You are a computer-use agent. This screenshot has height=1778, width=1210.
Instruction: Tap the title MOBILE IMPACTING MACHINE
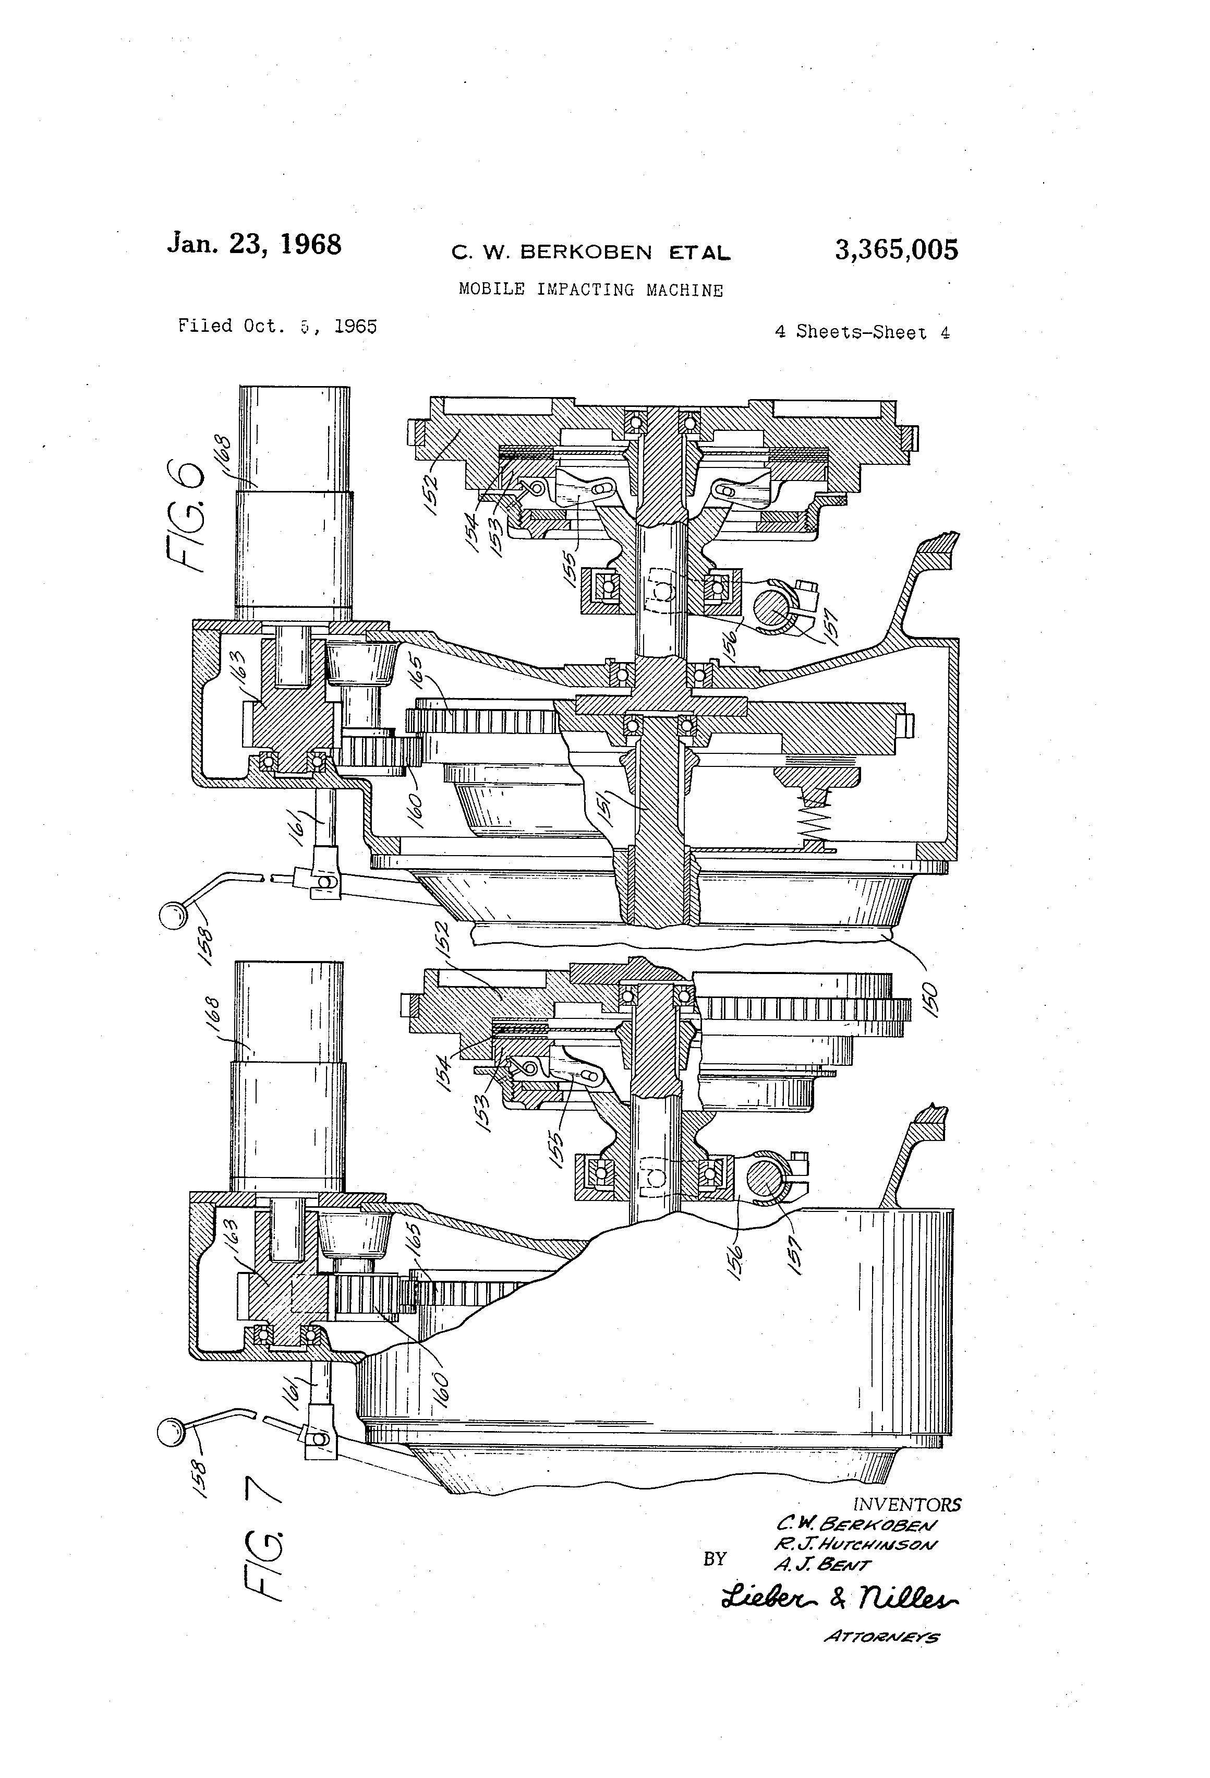click(590, 290)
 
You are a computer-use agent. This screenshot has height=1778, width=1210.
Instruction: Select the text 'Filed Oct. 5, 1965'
click(277, 327)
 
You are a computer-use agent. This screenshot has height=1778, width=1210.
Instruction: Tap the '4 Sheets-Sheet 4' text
click(862, 332)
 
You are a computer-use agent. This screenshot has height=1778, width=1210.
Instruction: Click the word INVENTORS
click(906, 1505)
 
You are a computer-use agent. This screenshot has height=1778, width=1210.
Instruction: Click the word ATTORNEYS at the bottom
click(881, 1637)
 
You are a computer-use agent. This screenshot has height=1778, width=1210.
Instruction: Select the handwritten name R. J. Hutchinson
click(854, 1544)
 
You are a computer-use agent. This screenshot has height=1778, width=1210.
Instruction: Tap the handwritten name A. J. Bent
click(822, 1565)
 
